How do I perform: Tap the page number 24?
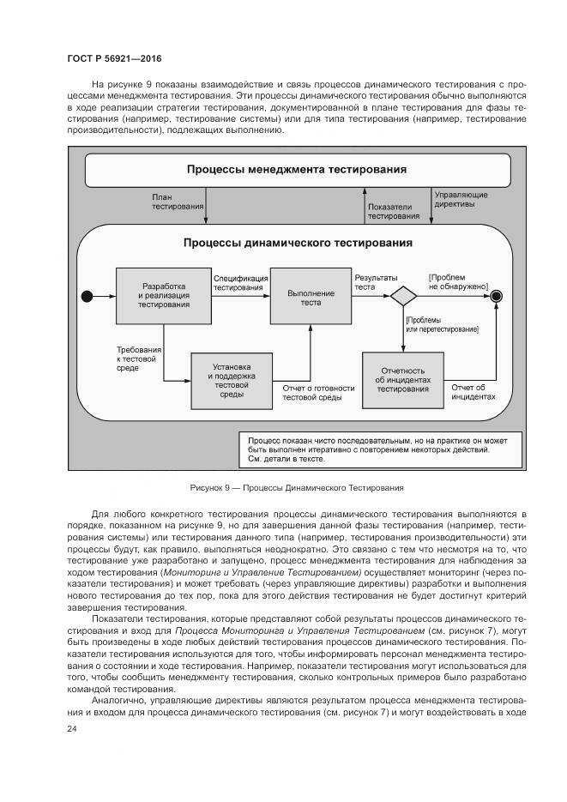coord(72,728)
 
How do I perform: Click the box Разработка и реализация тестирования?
coord(164,295)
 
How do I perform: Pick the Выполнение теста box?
coord(306,295)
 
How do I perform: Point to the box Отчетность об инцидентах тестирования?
coord(402,379)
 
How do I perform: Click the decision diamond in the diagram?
coord(403,296)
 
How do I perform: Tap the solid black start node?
coord(86,297)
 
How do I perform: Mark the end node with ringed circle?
coord(496,296)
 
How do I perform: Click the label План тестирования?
coord(178,202)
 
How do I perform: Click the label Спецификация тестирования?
coord(238,283)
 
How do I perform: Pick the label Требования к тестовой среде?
coord(139,358)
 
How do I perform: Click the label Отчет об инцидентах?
coord(474,391)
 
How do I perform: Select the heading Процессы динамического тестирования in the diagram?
coord(298,243)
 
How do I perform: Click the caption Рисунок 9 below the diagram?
coord(296,488)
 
